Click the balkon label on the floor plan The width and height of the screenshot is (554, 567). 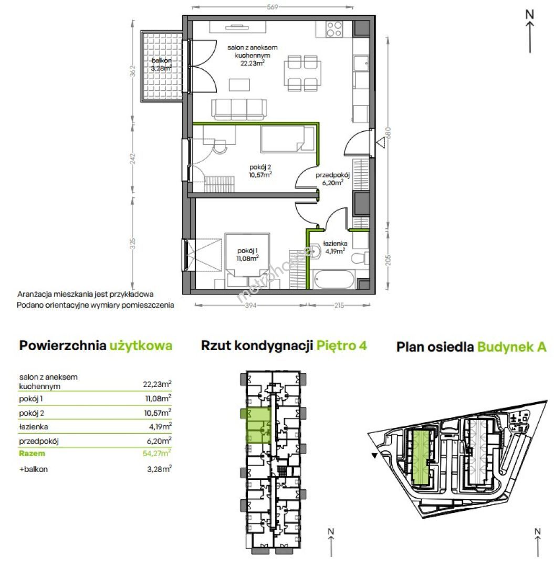pyautogui.click(x=161, y=60)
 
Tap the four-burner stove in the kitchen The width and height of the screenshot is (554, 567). pyautogui.click(x=334, y=29)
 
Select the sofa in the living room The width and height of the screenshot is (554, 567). pyautogui.click(x=239, y=109)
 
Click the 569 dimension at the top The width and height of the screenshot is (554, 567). pyautogui.click(x=273, y=7)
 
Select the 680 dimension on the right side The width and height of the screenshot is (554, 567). pyautogui.click(x=388, y=132)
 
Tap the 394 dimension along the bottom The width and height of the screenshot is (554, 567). pyautogui.click(x=250, y=306)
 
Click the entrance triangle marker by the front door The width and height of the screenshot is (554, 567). pyautogui.click(x=380, y=143)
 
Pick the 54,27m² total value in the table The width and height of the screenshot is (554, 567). pyautogui.click(x=157, y=453)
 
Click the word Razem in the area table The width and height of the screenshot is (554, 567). pyautogui.click(x=32, y=454)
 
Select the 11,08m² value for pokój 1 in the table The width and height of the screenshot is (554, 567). pyautogui.click(x=158, y=398)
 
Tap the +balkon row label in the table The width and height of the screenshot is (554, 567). pyautogui.click(x=34, y=469)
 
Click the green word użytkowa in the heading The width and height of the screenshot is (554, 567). pyautogui.click(x=141, y=345)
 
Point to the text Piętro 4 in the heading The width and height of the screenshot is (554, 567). pyautogui.click(x=342, y=345)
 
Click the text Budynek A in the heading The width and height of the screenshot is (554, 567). pyautogui.click(x=512, y=347)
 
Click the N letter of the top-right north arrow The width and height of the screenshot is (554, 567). pyautogui.click(x=530, y=14)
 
